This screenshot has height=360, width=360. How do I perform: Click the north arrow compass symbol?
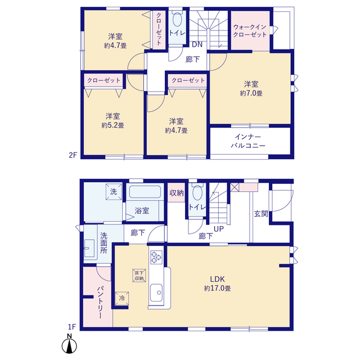point(69,344)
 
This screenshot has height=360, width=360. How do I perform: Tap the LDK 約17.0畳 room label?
point(218,283)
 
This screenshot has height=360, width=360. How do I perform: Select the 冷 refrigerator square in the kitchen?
point(121,299)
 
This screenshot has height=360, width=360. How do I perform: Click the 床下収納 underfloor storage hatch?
point(139,276)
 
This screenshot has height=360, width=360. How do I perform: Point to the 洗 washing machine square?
point(114,191)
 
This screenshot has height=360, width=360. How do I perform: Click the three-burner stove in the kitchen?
point(156,257)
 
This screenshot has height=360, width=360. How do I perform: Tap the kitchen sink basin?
point(156,292)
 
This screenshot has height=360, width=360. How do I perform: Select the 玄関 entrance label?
point(261,214)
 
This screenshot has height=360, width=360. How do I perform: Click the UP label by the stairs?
point(219,229)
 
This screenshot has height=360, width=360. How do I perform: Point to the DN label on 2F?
point(197,44)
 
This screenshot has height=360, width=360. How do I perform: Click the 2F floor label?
point(73,155)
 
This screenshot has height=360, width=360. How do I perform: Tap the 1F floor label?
point(72,326)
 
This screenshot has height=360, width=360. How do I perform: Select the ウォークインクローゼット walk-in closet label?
point(250,31)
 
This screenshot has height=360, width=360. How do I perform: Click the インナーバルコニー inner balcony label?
point(248,141)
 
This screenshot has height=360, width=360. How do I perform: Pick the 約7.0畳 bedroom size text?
point(251,93)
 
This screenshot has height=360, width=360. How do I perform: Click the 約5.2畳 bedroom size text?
point(112,125)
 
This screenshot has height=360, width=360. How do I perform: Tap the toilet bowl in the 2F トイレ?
point(177,20)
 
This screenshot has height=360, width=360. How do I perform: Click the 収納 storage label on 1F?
point(176,193)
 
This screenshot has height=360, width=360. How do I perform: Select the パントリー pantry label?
point(101,302)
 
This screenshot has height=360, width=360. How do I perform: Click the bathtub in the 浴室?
point(145,192)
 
